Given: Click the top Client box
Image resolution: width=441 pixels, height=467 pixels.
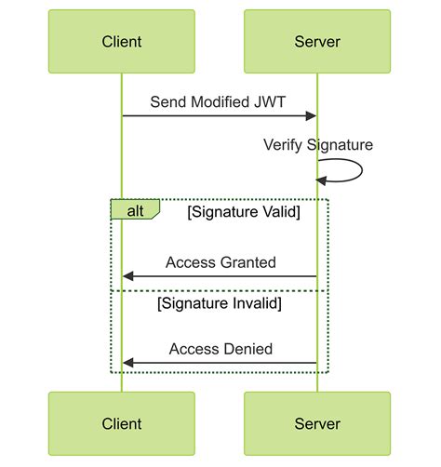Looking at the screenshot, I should point(122,42).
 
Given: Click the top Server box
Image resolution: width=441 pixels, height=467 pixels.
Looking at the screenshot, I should point(317,42).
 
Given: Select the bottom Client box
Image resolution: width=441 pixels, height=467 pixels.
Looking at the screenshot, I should point(122,424).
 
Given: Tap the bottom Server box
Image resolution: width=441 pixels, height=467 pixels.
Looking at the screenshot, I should point(317,424).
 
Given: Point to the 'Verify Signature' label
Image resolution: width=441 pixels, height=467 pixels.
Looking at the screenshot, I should point(318,145).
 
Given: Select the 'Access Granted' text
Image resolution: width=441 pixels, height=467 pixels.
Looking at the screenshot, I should point(220,262).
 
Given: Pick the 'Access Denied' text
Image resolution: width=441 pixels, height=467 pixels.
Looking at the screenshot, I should point(220,349).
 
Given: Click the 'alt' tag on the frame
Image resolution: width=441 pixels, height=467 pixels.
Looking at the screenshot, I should point(135,209).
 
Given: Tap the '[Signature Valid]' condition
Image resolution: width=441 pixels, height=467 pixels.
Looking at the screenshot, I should point(243,211).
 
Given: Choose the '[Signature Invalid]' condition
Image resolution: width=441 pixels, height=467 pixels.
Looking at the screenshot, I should point(220,303).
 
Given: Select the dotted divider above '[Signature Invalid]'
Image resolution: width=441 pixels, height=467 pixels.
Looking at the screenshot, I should point(220,290).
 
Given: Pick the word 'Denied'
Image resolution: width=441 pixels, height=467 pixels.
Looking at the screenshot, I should point(248,349).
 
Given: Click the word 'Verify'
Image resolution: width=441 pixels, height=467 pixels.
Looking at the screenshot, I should point(284,145).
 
